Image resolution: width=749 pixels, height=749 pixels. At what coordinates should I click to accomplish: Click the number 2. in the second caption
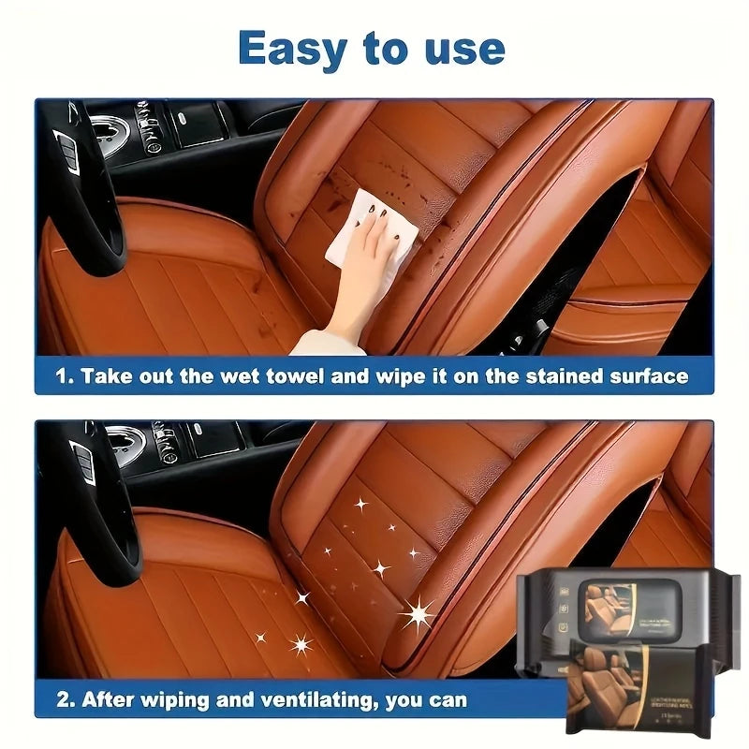[64, 699]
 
